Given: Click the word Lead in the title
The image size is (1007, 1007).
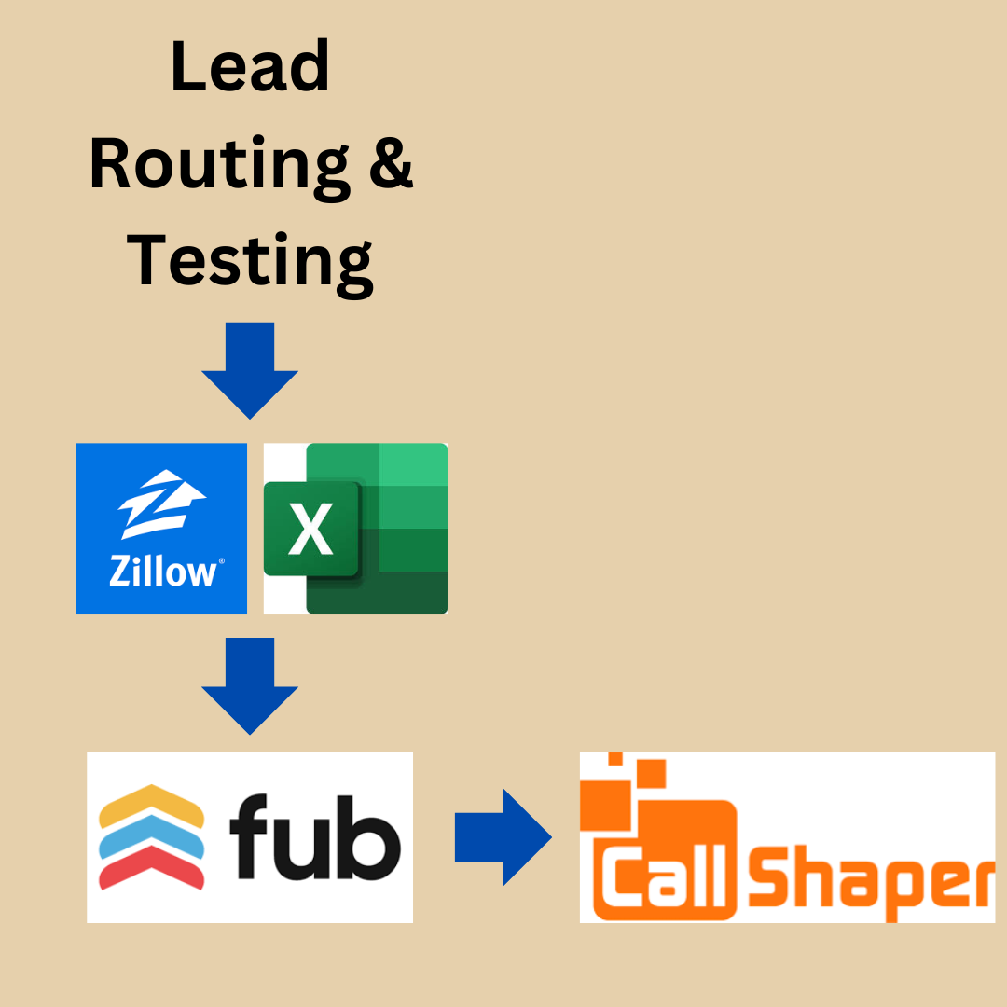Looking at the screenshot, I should click(x=250, y=67).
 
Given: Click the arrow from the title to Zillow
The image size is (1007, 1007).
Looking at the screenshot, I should click(x=250, y=369).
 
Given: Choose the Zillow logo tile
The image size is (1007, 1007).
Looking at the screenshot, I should click(x=161, y=529).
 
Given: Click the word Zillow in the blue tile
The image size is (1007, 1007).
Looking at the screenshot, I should click(x=164, y=571).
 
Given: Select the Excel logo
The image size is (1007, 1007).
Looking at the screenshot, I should click(x=356, y=529).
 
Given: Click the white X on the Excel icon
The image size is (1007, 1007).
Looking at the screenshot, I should click(x=310, y=530).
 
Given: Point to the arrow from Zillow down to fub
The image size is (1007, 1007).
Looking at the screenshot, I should click(x=250, y=685).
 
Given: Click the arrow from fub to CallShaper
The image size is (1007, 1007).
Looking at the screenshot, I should click(x=502, y=837).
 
